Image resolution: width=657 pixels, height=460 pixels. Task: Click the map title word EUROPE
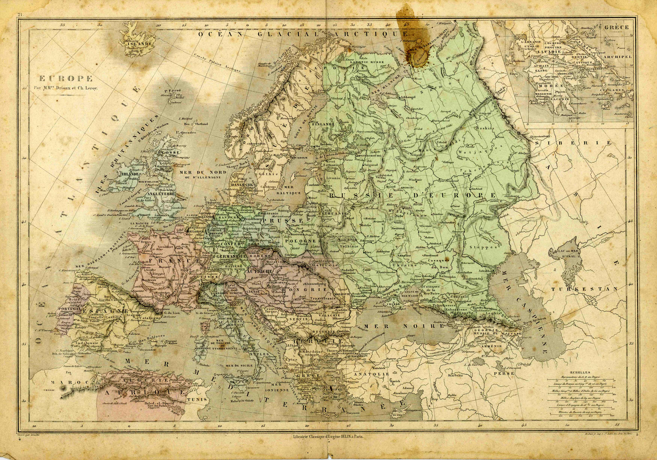(66, 79)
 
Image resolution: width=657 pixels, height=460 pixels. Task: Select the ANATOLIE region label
(371, 374)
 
